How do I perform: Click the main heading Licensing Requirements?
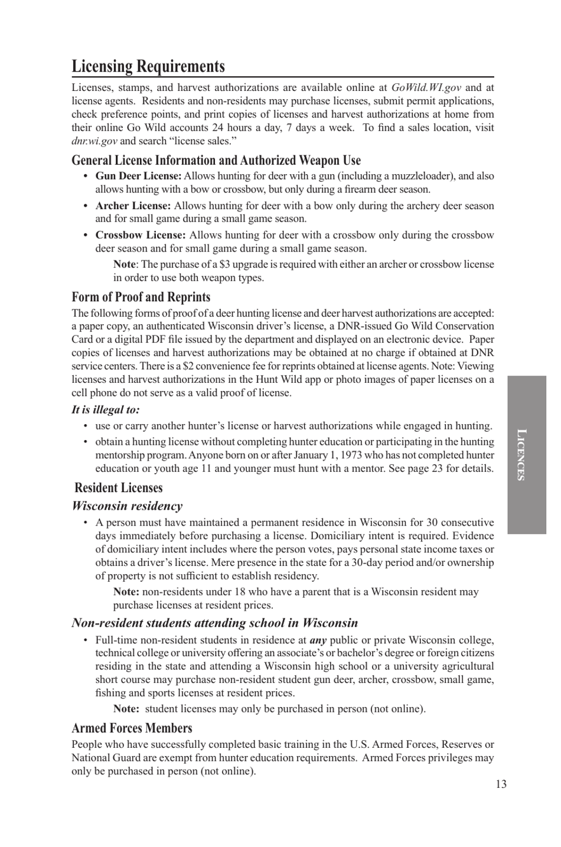click(148, 66)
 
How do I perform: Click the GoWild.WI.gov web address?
click(426, 87)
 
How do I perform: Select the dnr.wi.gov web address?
click(94, 141)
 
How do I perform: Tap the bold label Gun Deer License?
click(138, 176)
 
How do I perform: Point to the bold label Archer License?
click(133, 206)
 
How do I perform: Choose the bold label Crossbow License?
click(141, 235)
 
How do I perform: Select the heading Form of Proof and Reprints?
click(141, 297)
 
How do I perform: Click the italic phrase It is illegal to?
click(106, 409)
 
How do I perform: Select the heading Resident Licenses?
click(118, 488)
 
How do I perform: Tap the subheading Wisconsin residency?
click(127, 506)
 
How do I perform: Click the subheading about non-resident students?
click(214, 623)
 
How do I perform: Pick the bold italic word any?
click(318, 640)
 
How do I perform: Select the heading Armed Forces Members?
click(132, 728)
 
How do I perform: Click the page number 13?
click(500, 784)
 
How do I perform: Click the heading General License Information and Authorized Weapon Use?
click(216, 160)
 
